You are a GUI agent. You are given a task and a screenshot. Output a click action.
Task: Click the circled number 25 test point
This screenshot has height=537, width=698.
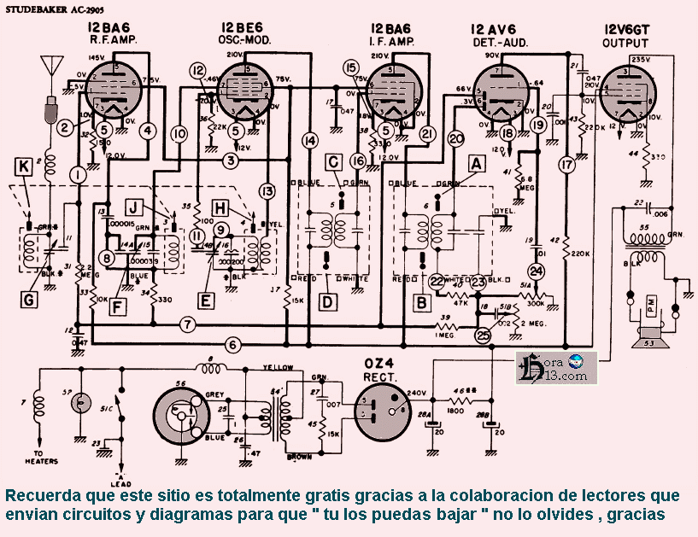(x=484, y=336)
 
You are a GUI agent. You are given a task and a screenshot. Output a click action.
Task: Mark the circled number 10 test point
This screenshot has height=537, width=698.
(x=179, y=134)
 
